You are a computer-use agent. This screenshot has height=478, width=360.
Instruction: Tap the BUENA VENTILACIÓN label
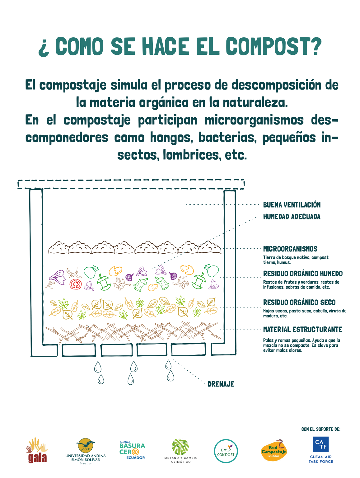[292, 205]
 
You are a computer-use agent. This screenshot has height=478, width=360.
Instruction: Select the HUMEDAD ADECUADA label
[292, 217]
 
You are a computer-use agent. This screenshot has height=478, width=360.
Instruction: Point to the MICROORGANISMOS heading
[290, 249]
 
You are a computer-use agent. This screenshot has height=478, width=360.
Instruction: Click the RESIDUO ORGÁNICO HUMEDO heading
[303, 274]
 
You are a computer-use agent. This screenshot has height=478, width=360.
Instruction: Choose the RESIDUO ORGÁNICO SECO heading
[299, 302]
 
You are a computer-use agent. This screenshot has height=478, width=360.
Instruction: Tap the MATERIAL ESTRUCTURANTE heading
[302, 329]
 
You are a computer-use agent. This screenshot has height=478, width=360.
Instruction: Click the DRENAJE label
[221, 384]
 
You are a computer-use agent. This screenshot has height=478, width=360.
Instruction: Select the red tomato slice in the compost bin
[76, 284]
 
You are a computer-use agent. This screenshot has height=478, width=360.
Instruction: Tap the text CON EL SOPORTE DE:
[320, 429]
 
